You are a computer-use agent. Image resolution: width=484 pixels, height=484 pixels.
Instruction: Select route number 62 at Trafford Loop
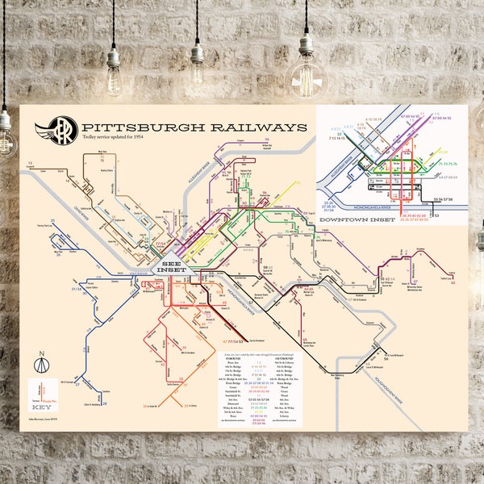pyautogui.click(x=453, y=283)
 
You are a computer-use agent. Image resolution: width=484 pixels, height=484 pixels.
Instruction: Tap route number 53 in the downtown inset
pyautogui.click(x=436, y=215)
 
